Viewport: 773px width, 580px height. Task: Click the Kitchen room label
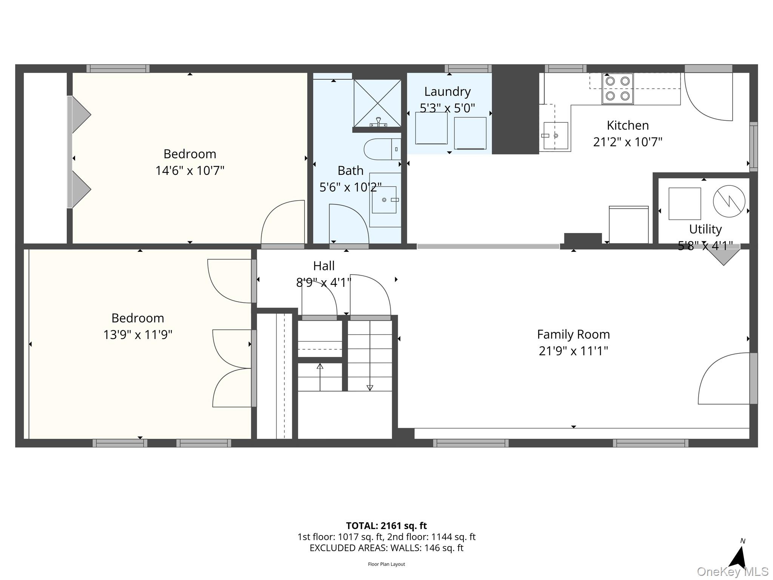click(628, 125)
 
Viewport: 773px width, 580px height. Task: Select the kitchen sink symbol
click(555, 136)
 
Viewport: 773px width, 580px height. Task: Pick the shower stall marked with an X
click(377, 103)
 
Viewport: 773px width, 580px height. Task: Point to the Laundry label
click(447, 91)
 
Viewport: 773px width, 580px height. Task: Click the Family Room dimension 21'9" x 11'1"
click(573, 351)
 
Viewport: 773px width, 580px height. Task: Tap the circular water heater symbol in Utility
click(729, 201)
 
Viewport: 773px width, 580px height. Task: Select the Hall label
click(324, 266)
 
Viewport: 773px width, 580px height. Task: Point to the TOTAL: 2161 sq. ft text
click(386, 526)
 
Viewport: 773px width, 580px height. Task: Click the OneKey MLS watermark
click(733, 572)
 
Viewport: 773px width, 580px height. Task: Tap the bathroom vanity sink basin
click(384, 200)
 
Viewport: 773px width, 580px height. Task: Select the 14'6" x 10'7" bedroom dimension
click(190, 171)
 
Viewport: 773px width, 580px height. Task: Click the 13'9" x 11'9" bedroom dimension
click(138, 335)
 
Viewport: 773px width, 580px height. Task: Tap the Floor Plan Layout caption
click(386, 564)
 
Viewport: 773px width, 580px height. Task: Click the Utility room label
click(705, 229)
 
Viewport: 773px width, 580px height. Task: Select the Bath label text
click(350, 171)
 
